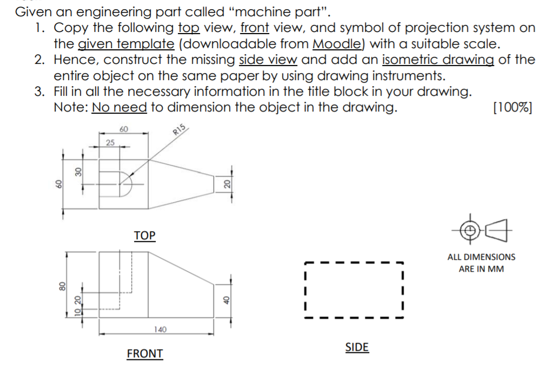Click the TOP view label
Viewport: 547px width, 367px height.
click(144, 235)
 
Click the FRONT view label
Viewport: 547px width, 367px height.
click(144, 353)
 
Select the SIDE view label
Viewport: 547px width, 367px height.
click(357, 347)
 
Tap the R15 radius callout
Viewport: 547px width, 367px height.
click(179, 130)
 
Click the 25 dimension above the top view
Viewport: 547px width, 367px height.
click(110, 142)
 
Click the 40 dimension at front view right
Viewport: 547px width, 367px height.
click(227, 299)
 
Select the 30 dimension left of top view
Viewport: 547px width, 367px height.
click(78, 172)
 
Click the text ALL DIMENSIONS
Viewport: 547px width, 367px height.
click(481, 257)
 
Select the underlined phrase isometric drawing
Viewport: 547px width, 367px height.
click(438, 60)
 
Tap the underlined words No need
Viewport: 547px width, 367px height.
click(119, 107)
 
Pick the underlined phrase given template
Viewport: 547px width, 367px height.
click(126, 43)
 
